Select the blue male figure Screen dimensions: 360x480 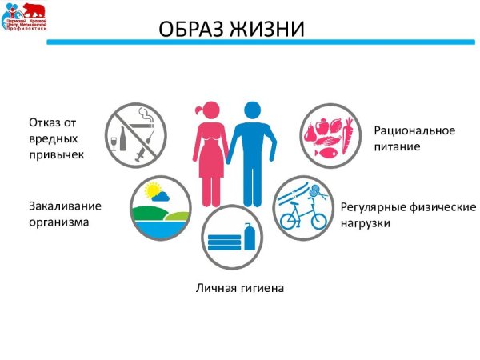click(x=254, y=152)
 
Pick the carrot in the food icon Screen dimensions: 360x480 click(x=348, y=136)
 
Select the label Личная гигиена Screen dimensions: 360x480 click(x=240, y=286)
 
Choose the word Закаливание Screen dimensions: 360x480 click(x=65, y=206)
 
